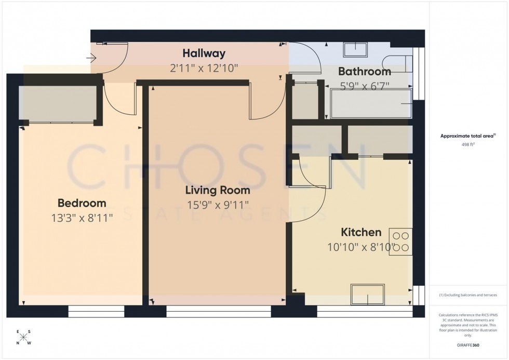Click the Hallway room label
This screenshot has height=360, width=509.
204,53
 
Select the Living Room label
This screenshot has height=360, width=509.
218,190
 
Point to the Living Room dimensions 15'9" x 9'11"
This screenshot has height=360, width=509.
218,205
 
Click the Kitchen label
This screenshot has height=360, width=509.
361,232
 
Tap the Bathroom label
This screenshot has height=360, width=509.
365,72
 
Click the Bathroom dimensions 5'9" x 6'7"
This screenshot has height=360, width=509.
365,85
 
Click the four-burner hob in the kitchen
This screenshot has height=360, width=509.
403,242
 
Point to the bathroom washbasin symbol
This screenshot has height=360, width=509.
355,49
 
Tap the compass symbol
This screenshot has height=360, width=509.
23,337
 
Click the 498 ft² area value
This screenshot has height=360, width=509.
465,145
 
